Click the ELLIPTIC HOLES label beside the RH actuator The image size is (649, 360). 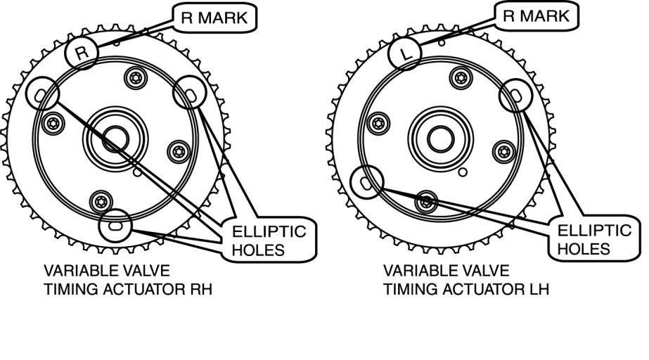pyautogui.click(x=271, y=240)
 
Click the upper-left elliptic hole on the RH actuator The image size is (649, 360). pyautogui.click(x=39, y=92)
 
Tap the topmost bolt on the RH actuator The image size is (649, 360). pyautogui.click(x=134, y=77)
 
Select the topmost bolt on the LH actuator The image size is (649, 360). pyautogui.click(x=461, y=77)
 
